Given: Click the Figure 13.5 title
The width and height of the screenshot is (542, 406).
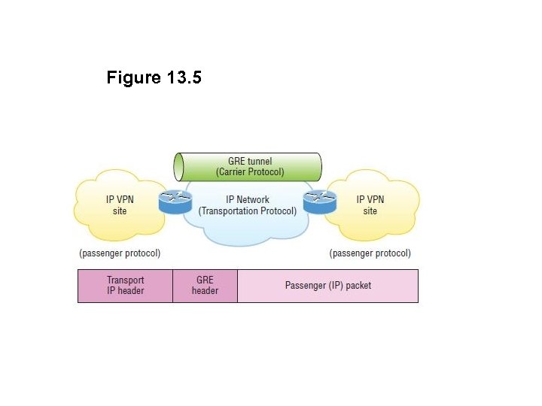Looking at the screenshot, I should (154, 77).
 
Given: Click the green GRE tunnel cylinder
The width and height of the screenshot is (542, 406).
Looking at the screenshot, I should (248, 166).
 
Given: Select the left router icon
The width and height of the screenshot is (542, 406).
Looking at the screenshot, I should (175, 201).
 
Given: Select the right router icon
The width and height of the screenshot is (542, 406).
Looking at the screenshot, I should (319, 201).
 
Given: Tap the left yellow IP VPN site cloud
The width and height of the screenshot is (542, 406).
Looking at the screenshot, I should (119, 205).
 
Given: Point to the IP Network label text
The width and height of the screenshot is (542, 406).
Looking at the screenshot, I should (248, 199).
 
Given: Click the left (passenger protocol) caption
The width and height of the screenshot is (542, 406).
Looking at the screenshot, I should (120, 253).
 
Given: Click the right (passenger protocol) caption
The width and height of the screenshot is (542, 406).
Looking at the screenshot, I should (370, 253).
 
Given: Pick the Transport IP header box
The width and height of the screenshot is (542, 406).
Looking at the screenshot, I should (125, 286).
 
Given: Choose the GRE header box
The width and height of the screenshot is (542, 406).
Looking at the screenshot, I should (205, 286).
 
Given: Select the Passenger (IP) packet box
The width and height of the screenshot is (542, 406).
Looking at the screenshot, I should (327, 286).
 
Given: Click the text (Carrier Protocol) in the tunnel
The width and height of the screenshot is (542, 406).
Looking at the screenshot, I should (250, 172).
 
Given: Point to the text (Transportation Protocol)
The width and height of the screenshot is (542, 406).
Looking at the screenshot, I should (248, 211).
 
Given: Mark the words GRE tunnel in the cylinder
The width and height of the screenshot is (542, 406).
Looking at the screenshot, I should (250, 161).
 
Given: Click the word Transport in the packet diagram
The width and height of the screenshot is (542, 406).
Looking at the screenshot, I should (125, 280).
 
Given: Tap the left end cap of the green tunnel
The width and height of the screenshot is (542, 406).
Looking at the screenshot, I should (179, 166).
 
